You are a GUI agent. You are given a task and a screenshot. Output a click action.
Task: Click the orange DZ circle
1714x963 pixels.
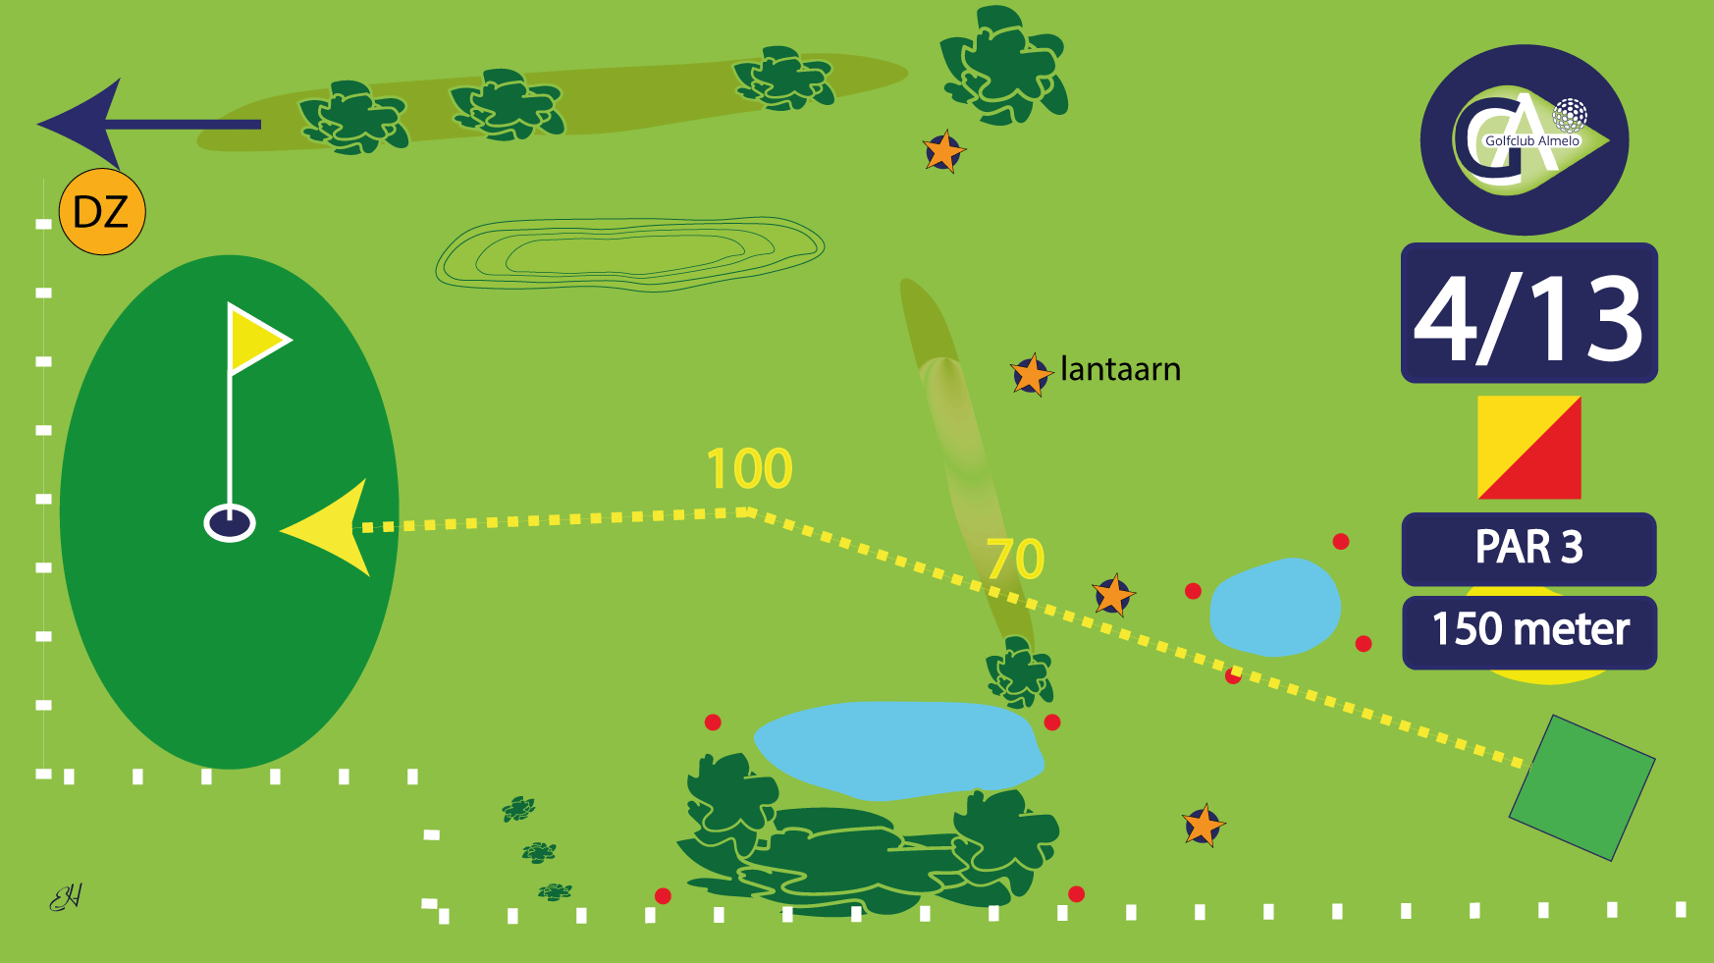(102, 212)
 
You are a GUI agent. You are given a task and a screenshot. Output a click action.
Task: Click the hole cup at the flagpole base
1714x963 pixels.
(230, 522)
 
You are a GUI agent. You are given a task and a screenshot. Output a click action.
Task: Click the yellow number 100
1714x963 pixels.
(749, 469)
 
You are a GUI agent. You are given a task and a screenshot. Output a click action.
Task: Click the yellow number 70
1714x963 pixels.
(1015, 560)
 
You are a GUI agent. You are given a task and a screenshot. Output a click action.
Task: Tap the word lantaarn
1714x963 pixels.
(1120, 369)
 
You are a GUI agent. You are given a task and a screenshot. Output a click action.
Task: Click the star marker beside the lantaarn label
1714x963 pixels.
(1031, 374)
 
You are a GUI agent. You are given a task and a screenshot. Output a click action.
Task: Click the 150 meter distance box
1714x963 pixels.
(1528, 631)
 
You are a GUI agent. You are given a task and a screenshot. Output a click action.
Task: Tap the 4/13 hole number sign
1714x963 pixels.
(1528, 314)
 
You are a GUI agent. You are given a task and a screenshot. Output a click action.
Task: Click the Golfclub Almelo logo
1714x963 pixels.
(1524, 139)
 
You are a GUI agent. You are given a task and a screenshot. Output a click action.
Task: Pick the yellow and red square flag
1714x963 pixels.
(1528, 448)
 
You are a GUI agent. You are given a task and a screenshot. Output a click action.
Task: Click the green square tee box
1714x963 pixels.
(1581, 787)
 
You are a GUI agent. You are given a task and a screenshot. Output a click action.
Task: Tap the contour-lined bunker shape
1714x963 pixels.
(628, 253)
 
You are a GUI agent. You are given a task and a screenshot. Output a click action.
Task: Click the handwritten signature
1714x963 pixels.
(66, 896)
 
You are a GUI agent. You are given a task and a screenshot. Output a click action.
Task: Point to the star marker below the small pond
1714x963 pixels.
(1203, 826)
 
